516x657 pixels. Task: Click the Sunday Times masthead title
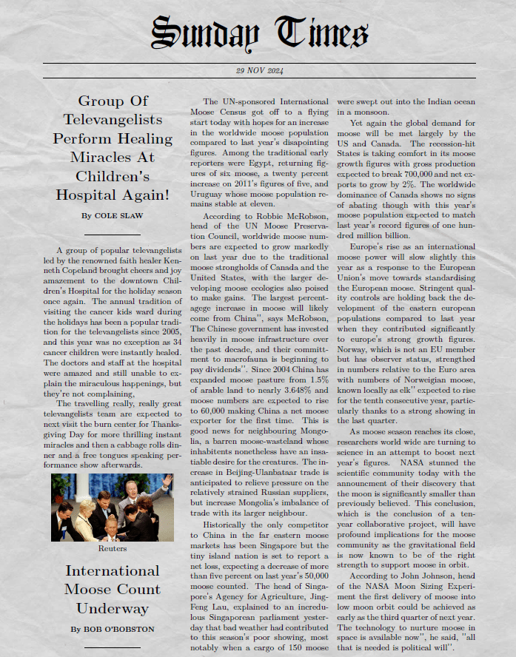pos(258,33)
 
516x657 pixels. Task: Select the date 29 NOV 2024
pos(259,71)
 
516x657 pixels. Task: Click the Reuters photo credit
pos(113,548)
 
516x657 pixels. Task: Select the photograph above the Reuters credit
pos(113,508)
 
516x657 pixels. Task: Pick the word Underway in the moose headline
pos(113,608)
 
